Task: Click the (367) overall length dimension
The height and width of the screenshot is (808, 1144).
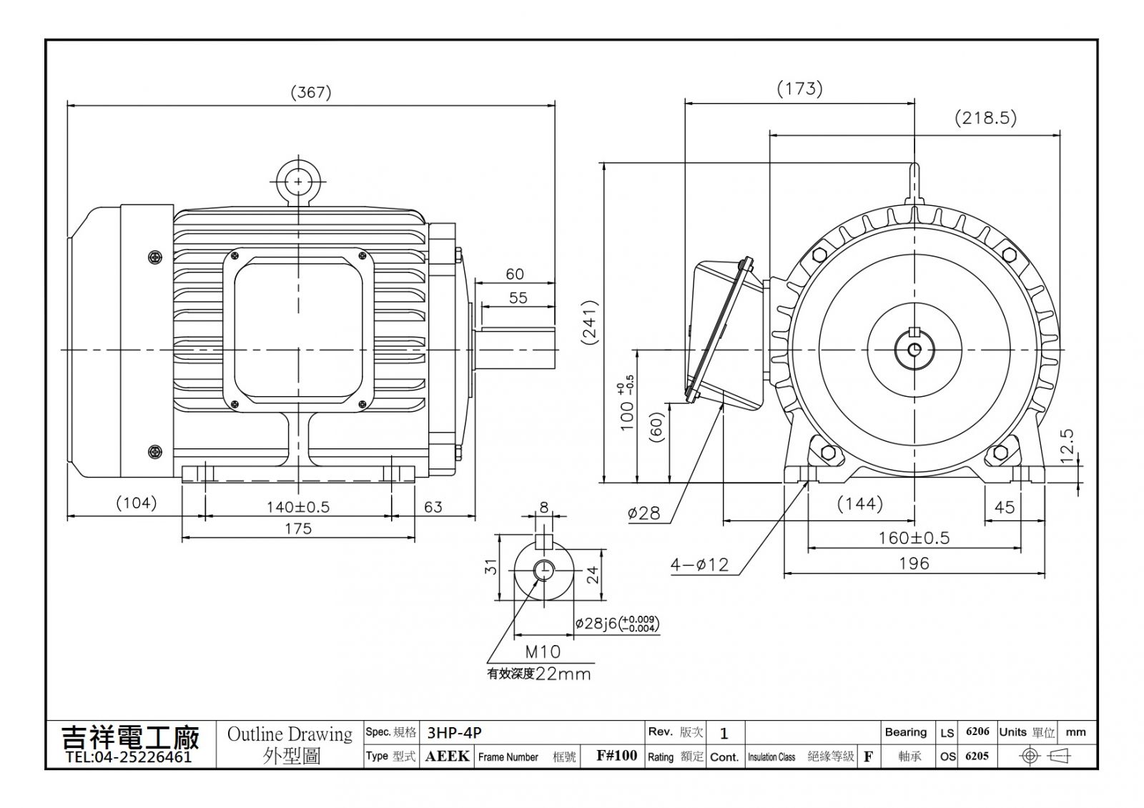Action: (311, 92)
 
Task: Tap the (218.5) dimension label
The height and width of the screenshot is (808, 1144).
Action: (986, 118)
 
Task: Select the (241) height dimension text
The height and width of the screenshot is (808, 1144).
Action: (591, 322)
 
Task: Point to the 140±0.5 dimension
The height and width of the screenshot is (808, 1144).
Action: (298, 507)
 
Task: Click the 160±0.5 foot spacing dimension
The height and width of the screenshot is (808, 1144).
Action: (914, 538)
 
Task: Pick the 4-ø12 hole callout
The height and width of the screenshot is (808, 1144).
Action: (699, 565)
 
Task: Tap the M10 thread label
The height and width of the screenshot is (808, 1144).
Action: (543, 651)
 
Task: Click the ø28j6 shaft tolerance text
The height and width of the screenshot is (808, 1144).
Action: (617, 624)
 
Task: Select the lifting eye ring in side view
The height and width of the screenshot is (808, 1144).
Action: (298, 182)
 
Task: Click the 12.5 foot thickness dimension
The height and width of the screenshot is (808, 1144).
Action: (1067, 445)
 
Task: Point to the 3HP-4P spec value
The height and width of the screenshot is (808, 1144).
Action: (454, 733)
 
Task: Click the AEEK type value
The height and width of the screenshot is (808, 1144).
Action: (447, 756)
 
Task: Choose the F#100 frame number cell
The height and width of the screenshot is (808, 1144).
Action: (616, 756)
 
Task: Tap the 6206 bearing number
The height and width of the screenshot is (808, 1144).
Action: (977, 731)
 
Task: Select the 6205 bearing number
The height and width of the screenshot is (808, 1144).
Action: (977, 756)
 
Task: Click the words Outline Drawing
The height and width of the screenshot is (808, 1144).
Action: (290, 734)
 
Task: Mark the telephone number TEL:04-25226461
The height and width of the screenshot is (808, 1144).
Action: (129, 757)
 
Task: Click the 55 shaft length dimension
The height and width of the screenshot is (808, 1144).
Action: (518, 297)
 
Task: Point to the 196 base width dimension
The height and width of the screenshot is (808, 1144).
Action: (914, 563)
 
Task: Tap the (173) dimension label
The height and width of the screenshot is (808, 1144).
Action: (799, 89)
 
